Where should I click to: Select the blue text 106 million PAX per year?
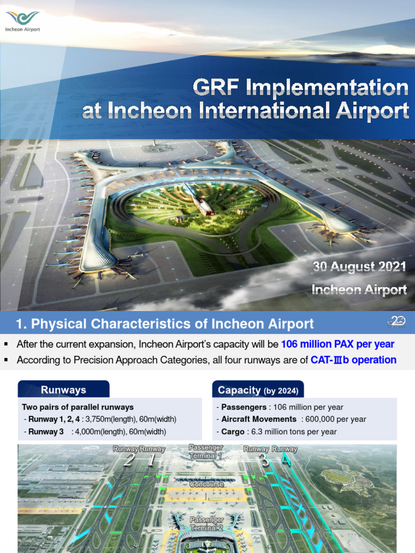(338, 344)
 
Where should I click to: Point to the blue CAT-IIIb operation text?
(353, 360)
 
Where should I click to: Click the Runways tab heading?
(63, 390)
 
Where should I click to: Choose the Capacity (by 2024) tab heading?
(258, 390)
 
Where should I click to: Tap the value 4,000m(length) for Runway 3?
(108, 431)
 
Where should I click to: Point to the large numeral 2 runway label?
(129, 460)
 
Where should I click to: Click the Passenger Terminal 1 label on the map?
(205, 451)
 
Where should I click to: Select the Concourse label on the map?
(206, 484)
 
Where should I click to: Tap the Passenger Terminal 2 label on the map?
(206, 523)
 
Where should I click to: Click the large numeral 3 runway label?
(264, 460)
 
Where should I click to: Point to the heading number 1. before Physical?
(22, 324)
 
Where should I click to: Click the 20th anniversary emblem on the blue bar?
(397, 322)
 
